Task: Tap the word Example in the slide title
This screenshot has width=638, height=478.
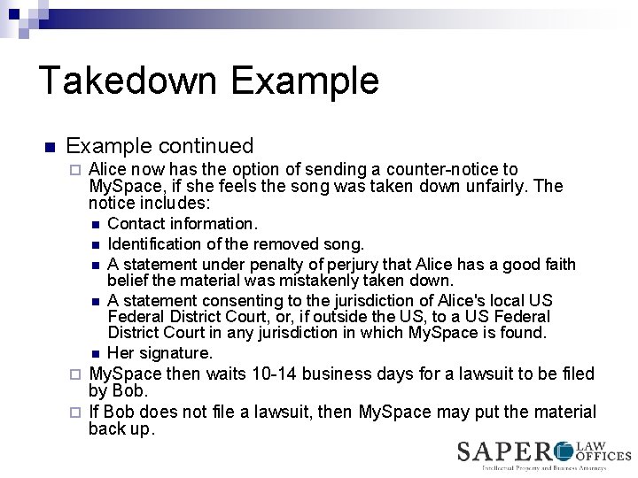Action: click(305, 81)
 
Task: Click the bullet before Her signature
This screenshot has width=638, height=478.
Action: click(95, 354)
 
